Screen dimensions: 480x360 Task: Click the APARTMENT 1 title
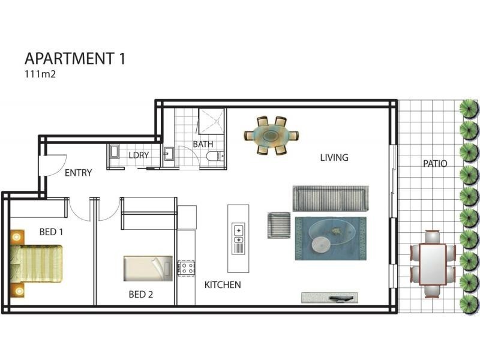75,58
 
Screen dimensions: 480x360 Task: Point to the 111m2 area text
40,74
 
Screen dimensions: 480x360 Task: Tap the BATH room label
203,144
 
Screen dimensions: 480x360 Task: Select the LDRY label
139,155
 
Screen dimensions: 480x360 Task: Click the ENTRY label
79,173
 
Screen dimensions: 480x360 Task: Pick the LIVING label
334,158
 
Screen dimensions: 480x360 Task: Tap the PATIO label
435,163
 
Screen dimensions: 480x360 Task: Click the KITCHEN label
223,285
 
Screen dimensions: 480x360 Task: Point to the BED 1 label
51,232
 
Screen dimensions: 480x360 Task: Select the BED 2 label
141,295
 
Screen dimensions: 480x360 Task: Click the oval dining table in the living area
271,136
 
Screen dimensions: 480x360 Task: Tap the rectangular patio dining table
433,264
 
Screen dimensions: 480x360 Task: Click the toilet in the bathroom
215,156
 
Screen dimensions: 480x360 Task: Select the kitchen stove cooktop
186,268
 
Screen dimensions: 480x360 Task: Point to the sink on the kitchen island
239,234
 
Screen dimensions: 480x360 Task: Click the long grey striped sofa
331,199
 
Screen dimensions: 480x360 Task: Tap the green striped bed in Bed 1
37,263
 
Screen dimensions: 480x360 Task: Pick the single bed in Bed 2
148,268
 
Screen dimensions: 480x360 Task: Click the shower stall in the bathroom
211,121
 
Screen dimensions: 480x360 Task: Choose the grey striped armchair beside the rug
279,225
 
